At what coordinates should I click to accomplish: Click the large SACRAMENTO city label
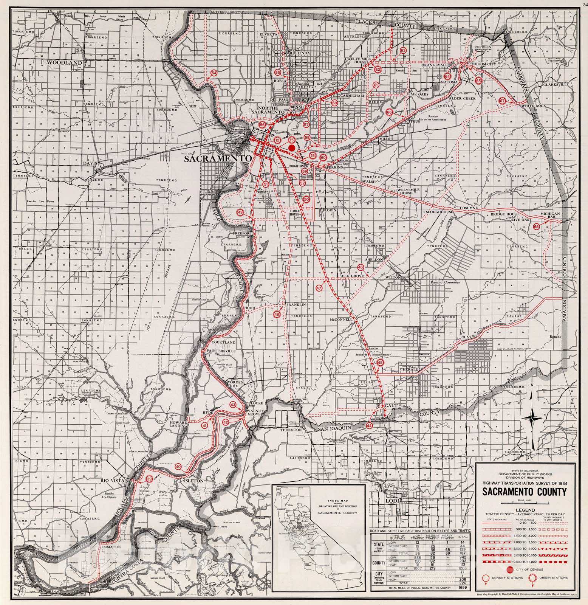click(x=218, y=159)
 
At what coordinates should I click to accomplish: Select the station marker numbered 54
click(x=214, y=73)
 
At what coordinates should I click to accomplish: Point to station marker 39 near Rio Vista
click(x=150, y=479)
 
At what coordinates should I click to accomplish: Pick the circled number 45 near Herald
click(x=380, y=362)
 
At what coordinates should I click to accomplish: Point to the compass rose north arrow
click(x=532, y=418)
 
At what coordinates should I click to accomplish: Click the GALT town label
click(x=391, y=405)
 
